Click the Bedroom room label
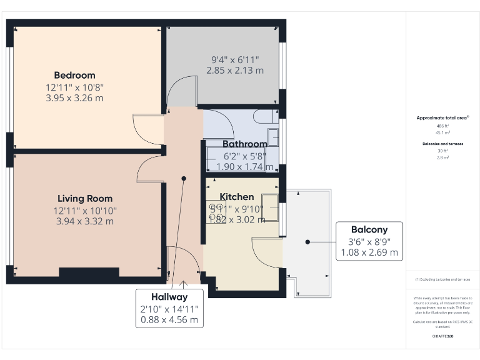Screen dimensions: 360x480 (x=74, y=76)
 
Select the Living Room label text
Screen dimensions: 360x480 (x=85, y=199)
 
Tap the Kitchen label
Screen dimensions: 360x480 (x=237, y=197)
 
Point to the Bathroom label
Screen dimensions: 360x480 (x=245, y=143)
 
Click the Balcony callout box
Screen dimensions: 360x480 (x=369, y=241)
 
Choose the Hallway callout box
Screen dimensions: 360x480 (x=169, y=307)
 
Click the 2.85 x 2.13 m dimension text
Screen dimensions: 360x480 (x=235, y=71)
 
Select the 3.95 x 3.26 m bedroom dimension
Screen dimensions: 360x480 (x=74, y=97)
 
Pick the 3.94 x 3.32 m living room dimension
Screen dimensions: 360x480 (x=85, y=221)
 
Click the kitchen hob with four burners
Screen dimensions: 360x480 (x=217, y=213)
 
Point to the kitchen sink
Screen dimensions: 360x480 (x=271, y=207)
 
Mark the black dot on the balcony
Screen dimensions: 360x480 (x=307, y=241)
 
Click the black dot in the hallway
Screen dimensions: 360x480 (x=184, y=178)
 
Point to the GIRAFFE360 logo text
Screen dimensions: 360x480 (x=442, y=336)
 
